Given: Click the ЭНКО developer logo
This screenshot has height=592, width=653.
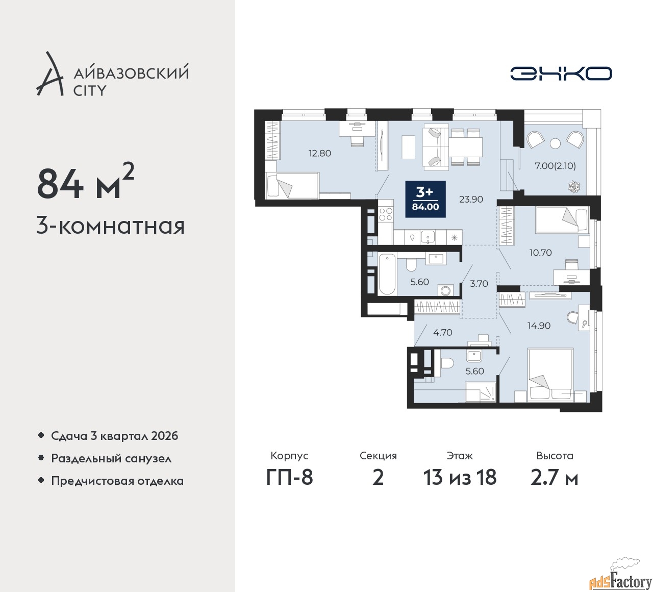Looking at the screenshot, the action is (x=561, y=73).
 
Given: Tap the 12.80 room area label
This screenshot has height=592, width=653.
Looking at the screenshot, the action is (x=320, y=153).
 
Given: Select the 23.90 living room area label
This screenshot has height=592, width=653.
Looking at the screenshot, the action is (x=471, y=199).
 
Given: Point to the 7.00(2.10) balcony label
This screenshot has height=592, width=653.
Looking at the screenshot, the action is (x=555, y=166).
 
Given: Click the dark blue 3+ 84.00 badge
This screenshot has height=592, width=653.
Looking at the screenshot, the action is (x=425, y=199).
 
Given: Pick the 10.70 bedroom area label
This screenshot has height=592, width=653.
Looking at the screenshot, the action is (x=540, y=252).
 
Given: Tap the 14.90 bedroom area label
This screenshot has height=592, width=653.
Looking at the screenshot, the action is (x=539, y=325).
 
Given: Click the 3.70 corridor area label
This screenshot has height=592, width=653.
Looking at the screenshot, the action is (x=479, y=284).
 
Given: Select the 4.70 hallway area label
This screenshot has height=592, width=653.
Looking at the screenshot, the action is (x=443, y=332).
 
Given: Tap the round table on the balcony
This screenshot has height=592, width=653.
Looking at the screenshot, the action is (x=555, y=143).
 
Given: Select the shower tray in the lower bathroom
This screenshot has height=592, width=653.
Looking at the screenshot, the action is (x=481, y=392).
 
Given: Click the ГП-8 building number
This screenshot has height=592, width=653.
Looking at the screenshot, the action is (x=289, y=477).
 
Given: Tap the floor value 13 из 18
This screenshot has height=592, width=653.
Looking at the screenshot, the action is (x=460, y=477).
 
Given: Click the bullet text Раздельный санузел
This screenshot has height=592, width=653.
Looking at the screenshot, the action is (x=111, y=458).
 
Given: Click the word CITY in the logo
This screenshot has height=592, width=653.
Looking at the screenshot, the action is (x=90, y=90).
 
